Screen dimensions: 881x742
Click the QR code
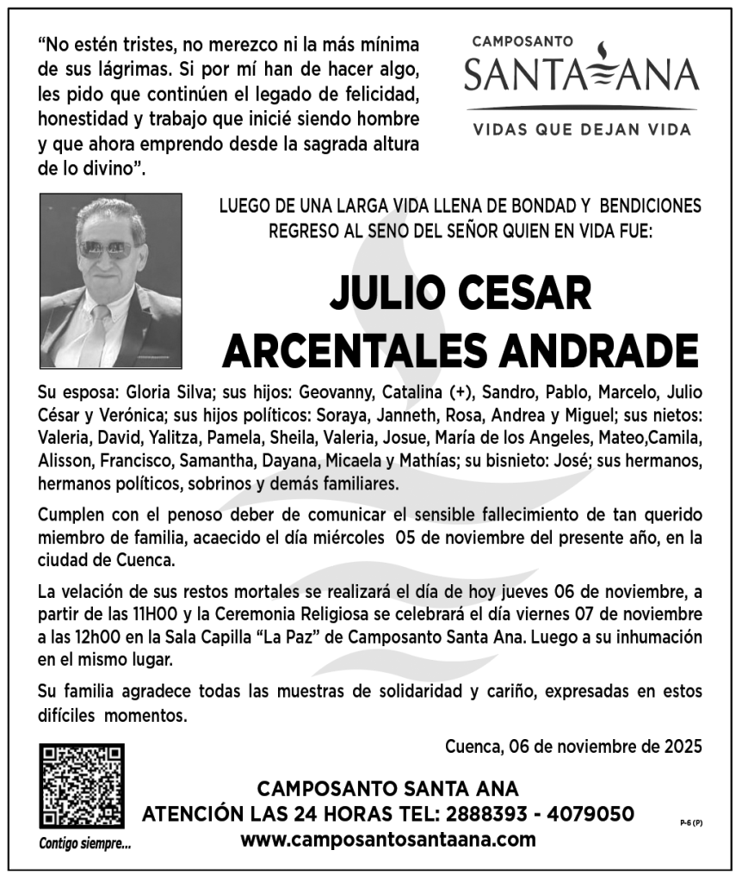tap(82, 786)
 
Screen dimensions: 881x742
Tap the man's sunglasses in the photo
tap(106, 250)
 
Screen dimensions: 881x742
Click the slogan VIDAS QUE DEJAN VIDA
tap(582, 130)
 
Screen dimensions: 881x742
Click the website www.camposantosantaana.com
tap(388, 840)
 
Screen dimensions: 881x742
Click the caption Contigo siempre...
tap(85, 843)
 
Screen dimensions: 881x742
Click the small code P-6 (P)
tap(691, 822)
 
